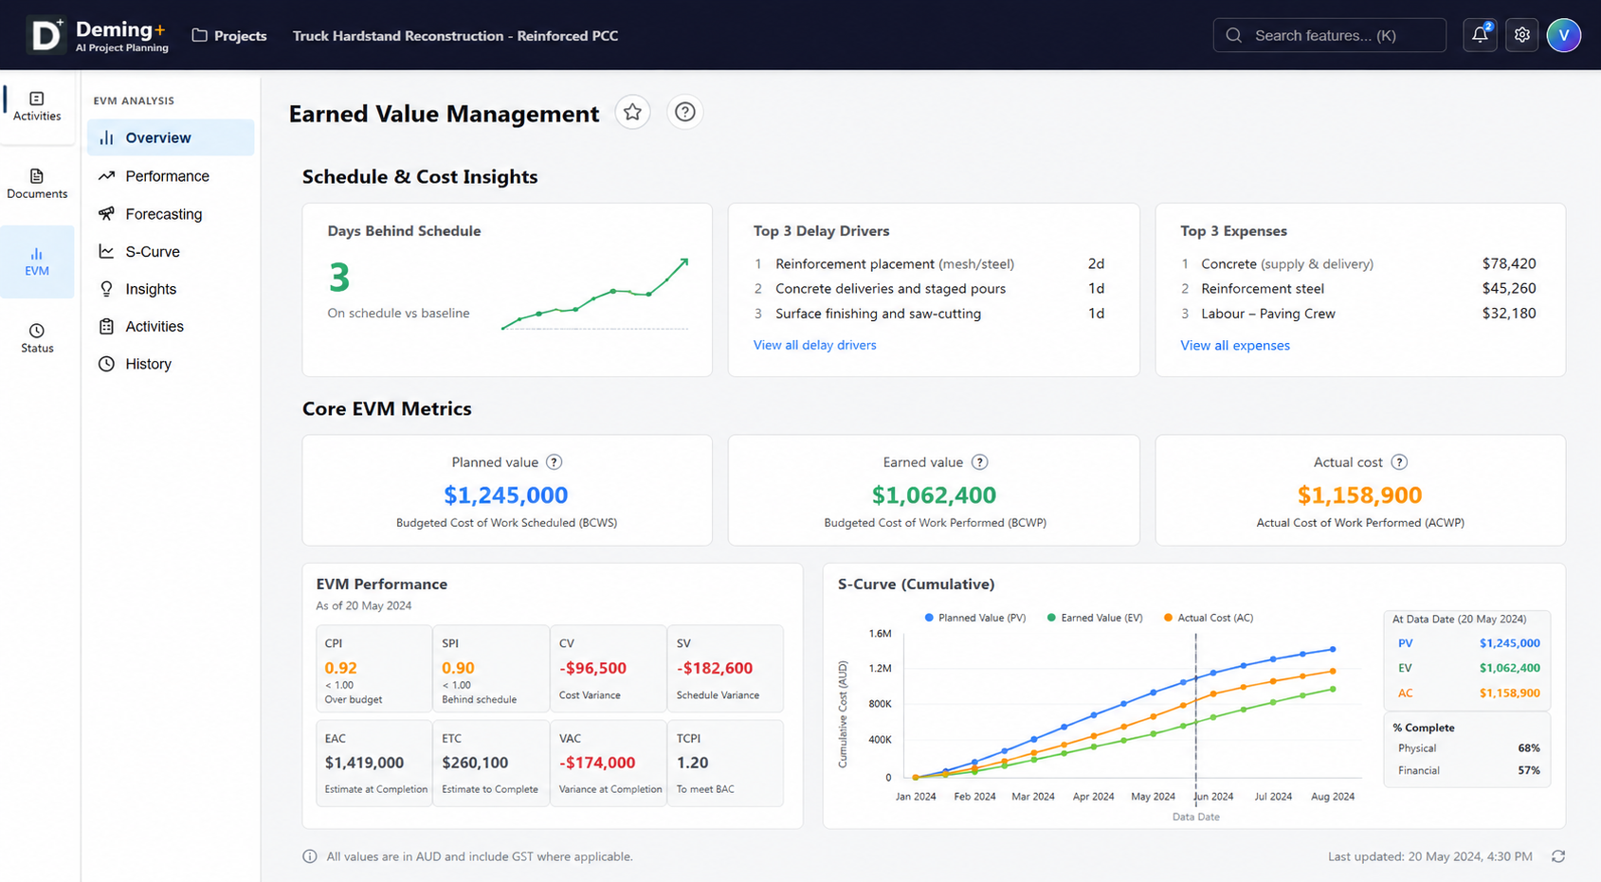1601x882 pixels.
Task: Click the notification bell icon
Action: coord(1480,35)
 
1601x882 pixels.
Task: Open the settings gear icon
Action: coord(1521,35)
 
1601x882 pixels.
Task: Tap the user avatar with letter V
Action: coord(1563,35)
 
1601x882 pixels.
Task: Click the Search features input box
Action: coord(1329,35)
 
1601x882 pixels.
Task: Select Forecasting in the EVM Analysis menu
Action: coord(164,213)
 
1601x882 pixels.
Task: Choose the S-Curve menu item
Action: coord(153,251)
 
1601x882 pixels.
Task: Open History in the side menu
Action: coord(148,364)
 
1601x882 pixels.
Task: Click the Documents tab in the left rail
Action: coord(37,184)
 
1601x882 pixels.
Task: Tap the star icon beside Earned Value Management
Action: coord(632,112)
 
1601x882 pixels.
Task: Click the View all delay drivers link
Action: coord(814,345)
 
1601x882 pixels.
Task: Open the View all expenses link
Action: coord(1234,346)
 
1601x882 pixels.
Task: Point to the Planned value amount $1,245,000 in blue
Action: coord(505,495)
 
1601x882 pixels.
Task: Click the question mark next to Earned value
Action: coord(979,462)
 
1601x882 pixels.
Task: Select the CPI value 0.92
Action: coord(340,668)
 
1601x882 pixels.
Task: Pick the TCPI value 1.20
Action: coord(692,763)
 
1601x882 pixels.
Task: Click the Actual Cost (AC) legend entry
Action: coord(1209,618)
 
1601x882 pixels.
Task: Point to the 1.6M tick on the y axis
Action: coord(880,634)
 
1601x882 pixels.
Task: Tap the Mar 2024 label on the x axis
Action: coord(1033,797)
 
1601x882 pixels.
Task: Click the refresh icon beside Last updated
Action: coord(1558,856)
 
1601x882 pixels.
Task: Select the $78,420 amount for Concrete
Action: coord(1508,263)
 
